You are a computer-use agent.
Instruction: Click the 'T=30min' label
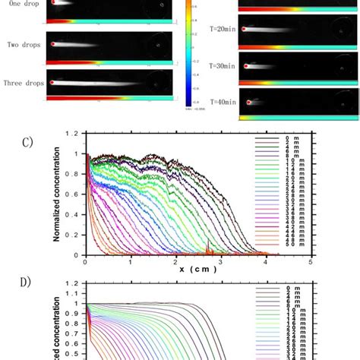click(221, 65)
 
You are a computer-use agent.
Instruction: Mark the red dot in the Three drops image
click(53, 82)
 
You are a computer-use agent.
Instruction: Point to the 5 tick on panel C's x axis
click(311, 262)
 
